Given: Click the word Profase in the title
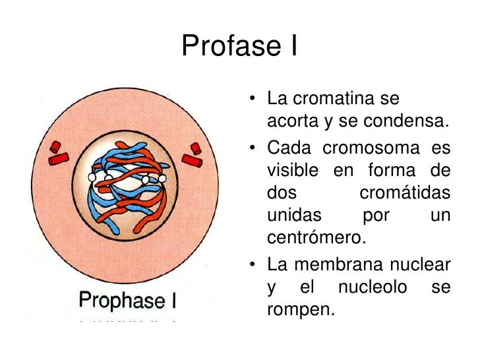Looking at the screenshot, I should (x=222, y=46).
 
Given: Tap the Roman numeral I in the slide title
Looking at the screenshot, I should (x=291, y=46).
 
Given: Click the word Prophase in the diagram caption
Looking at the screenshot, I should (x=119, y=301).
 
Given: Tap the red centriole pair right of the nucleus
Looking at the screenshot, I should (x=194, y=155).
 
